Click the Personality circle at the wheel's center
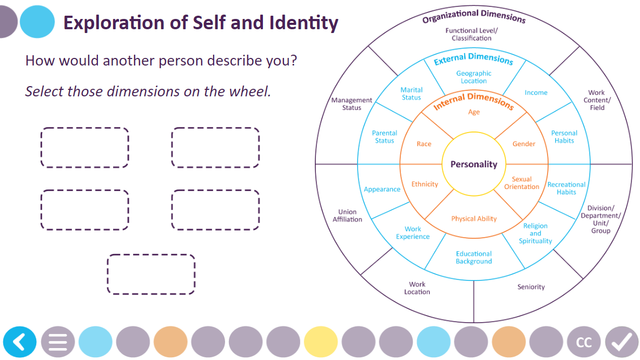473,164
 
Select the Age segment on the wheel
474,112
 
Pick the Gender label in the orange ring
524,144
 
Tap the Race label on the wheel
424,144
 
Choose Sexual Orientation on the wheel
522,183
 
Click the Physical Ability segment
474,219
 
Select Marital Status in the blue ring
411,94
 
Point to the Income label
536,93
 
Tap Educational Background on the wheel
474,258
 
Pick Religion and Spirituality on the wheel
535,233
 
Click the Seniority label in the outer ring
531,287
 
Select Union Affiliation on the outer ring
347,215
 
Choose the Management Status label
352,104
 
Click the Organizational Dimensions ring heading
474,16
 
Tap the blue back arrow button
20,342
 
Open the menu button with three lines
58,342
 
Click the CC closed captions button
584,342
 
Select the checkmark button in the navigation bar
622,342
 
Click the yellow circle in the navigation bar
321,342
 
